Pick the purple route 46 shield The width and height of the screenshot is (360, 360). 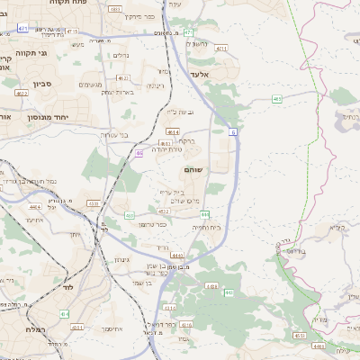coord(139,154)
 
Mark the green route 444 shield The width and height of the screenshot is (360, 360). coord(206,214)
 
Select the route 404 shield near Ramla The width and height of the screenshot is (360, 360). coord(64,313)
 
